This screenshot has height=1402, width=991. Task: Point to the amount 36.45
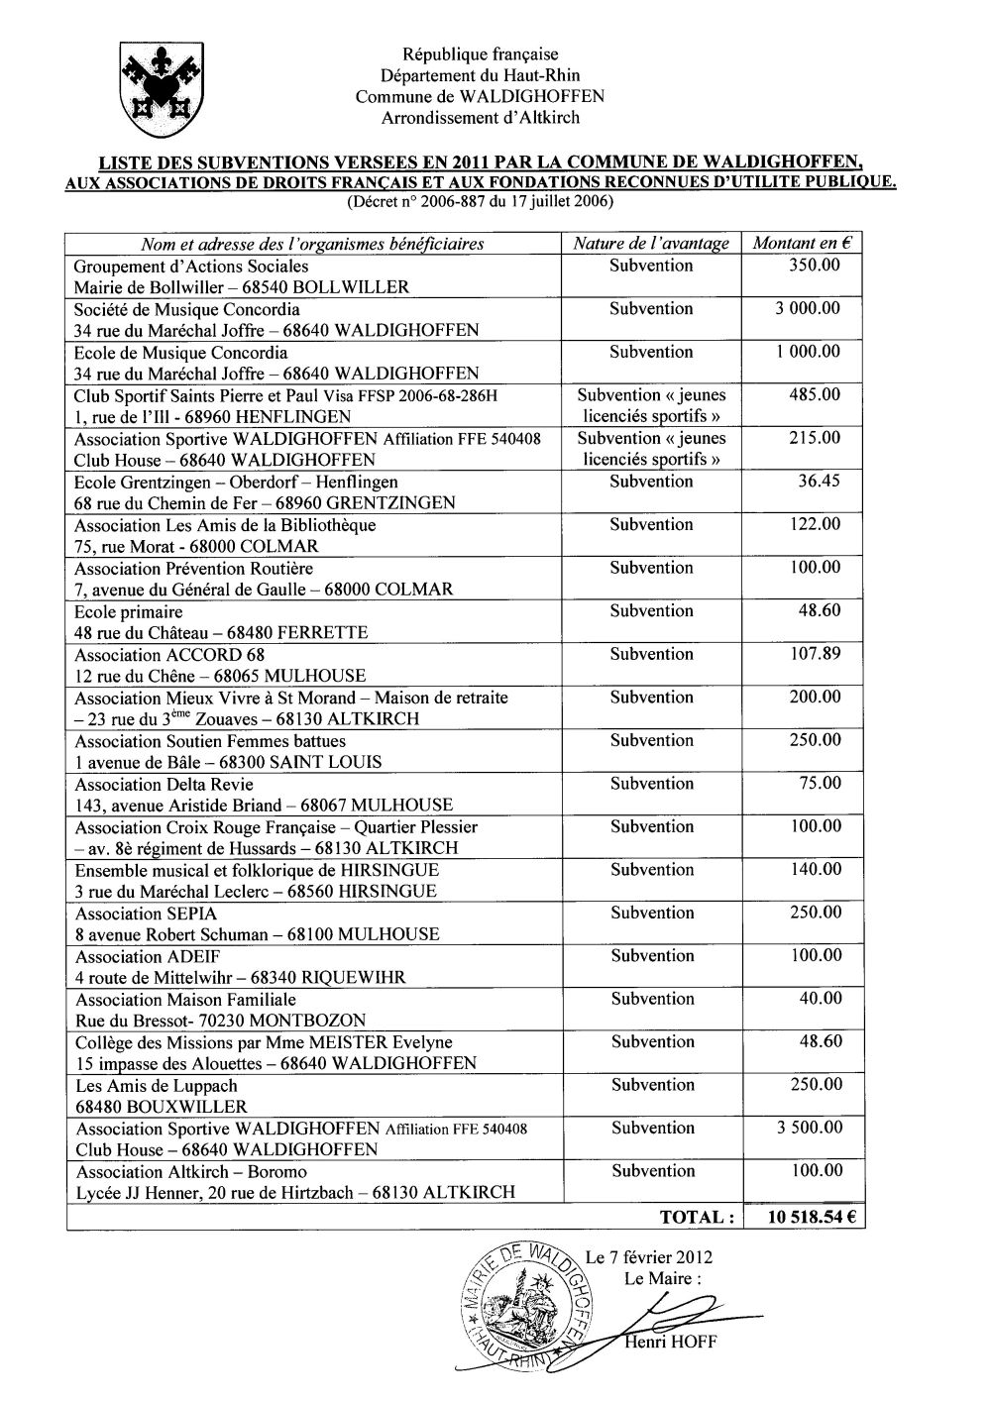pyautogui.click(x=819, y=482)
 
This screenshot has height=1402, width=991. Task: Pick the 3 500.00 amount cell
pyautogui.click(x=808, y=1128)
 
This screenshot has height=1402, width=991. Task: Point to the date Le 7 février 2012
pyautogui.click(x=649, y=1257)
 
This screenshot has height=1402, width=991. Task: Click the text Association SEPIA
pyautogui.click(x=146, y=914)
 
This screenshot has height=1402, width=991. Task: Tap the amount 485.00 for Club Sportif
pyautogui.click(x=815, y=395)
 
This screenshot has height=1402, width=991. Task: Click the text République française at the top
pyautogui.click(x=481, y=54)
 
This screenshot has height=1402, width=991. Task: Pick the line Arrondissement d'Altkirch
pyautogui.click(x=481, y=118)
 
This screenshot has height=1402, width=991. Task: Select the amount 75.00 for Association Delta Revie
pyautogui.click(x=821, y=784)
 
